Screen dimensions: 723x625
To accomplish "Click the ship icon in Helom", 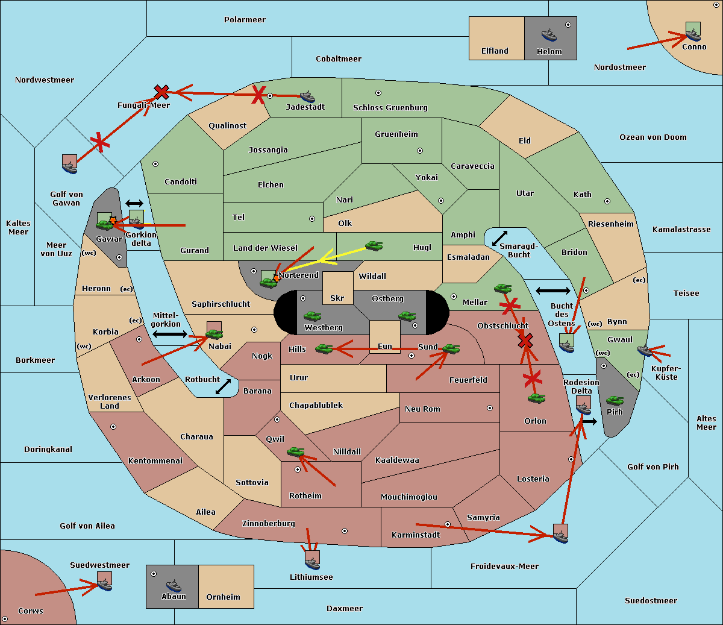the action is (549, 36).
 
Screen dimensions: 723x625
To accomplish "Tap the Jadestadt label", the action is (305, 107).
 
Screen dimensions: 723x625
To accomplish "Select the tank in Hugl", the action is (374, 246).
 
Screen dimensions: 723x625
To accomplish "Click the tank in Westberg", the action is (312, 316).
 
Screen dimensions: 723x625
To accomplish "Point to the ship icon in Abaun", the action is (174, 585).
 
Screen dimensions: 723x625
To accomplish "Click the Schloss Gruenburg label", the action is (390, 107).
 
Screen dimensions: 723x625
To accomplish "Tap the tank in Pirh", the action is (615, 400).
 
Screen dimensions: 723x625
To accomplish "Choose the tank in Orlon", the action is (536, 398).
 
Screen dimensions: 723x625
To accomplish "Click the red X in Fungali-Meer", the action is (161, 92).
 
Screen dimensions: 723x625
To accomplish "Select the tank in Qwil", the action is (296, 451).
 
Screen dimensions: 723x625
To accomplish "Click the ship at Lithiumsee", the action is (312, 563).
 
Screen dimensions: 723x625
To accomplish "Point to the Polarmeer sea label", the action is (245, 20).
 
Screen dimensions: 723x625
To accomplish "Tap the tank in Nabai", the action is (214, 334).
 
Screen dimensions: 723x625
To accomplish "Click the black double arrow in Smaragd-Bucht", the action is (499, 238).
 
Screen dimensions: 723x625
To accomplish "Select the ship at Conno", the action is (693, 34).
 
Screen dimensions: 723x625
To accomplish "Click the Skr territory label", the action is (337, 298).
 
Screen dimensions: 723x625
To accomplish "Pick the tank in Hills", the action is (324, 348).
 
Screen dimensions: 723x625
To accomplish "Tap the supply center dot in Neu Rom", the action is (490, 408).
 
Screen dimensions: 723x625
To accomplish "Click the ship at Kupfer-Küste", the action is (645, 350).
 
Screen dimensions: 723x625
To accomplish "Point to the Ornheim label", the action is (223, 597).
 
